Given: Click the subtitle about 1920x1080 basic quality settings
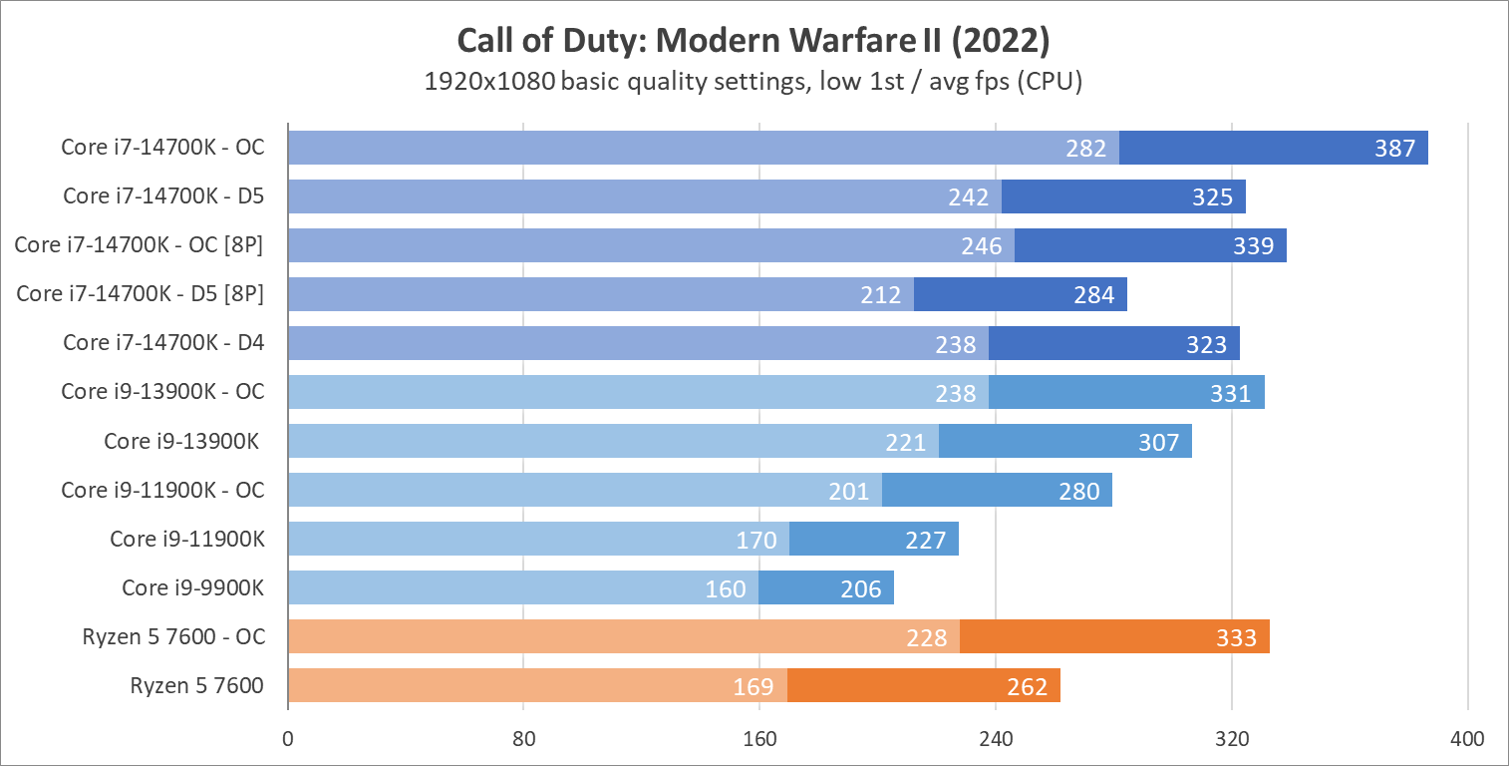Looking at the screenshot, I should (x=753, y=82).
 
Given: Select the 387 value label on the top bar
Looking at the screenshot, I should (x=1394, y=149).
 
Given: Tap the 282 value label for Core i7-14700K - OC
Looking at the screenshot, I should (x=1086, y=149).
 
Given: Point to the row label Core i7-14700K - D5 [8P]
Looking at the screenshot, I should (x=141, y=294).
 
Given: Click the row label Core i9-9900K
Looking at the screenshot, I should (x=193, y=587).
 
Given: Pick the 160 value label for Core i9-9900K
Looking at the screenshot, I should (x=726, y=588).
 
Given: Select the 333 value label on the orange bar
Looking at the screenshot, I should (x=1236, y=637).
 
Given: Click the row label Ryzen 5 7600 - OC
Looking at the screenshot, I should (x=174, y=636).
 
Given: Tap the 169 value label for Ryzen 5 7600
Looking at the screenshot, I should (x=754, y=686).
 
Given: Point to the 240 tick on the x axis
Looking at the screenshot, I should (x=996, y=739).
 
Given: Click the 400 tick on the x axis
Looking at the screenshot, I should (x=1467, y=739).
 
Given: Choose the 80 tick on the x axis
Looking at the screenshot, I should (x=524, y=739).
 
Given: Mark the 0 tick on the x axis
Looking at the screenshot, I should (x=288, y=739).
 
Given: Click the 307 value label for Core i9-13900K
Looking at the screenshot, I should (x=1159, y=442).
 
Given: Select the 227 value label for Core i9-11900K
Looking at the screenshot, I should (x=926, y=540).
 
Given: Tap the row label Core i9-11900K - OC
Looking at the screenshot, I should (x=163, y=490).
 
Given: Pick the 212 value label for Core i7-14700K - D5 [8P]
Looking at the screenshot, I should (x=881, y=295).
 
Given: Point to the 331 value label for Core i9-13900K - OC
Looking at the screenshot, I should (x=1231, y=393).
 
